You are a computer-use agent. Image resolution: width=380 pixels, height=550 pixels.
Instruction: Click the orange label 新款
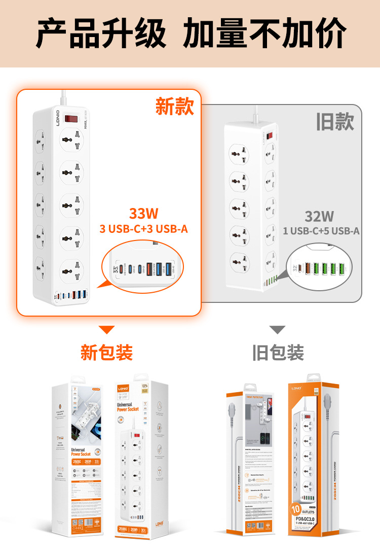tap(174, 106)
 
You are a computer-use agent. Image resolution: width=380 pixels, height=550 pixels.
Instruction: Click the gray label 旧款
tap(335, 122)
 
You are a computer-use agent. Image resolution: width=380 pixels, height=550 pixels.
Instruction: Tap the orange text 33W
tap(143, 213)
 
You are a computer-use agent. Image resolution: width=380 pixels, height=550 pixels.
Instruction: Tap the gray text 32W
tap(319, 216)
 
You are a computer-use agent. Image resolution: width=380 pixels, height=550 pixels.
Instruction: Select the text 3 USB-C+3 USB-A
tap(143, 229)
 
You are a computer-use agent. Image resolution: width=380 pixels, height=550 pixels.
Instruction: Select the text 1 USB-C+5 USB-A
tap(321, 231)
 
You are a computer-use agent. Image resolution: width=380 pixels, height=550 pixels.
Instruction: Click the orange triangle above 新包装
tap(106, 330)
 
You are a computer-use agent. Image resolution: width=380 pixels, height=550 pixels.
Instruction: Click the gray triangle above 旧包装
tap(277, 330)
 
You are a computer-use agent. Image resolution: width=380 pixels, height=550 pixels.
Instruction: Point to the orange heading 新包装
tap(106, 352)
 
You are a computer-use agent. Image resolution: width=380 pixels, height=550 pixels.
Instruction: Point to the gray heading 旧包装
tap(278, 353)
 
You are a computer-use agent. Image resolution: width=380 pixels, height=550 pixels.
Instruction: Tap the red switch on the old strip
tap(270, 136)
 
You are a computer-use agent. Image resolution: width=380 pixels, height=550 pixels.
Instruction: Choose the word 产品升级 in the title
tap(101, 33)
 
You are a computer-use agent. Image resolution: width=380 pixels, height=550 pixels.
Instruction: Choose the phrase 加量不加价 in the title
tap(264, 33)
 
